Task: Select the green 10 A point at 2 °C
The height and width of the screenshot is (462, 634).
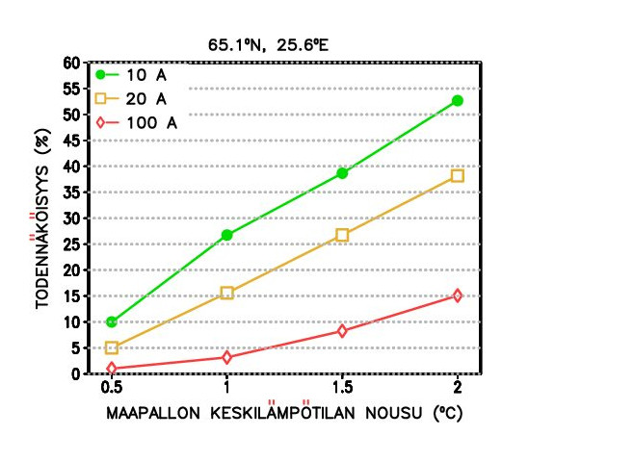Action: tap(458, 100)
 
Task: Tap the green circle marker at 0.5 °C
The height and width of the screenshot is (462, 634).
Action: tap(112, 321)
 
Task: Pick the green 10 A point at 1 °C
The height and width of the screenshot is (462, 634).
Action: tap(227, 235)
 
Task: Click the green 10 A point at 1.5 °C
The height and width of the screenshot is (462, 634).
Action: tap(342, 173)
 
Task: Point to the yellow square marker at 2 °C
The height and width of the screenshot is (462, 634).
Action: tap(458, 176)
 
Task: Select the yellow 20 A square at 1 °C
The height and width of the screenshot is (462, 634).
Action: tap(227, 293)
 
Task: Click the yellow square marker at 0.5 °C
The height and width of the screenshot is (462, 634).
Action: tap(112, 347)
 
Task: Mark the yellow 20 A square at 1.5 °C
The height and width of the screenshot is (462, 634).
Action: tap(342, 235)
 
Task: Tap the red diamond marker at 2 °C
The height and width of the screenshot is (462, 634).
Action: tap(458, 295)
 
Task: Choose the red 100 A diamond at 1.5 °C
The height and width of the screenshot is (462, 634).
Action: tap(342, 331)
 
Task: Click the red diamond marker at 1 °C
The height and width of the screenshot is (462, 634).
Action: tap(227, 357)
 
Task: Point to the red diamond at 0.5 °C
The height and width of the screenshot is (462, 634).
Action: tap(112, 369)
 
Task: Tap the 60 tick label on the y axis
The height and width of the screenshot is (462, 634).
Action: tap(71, 64)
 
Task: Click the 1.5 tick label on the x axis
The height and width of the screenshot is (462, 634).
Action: tap(342, 388)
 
